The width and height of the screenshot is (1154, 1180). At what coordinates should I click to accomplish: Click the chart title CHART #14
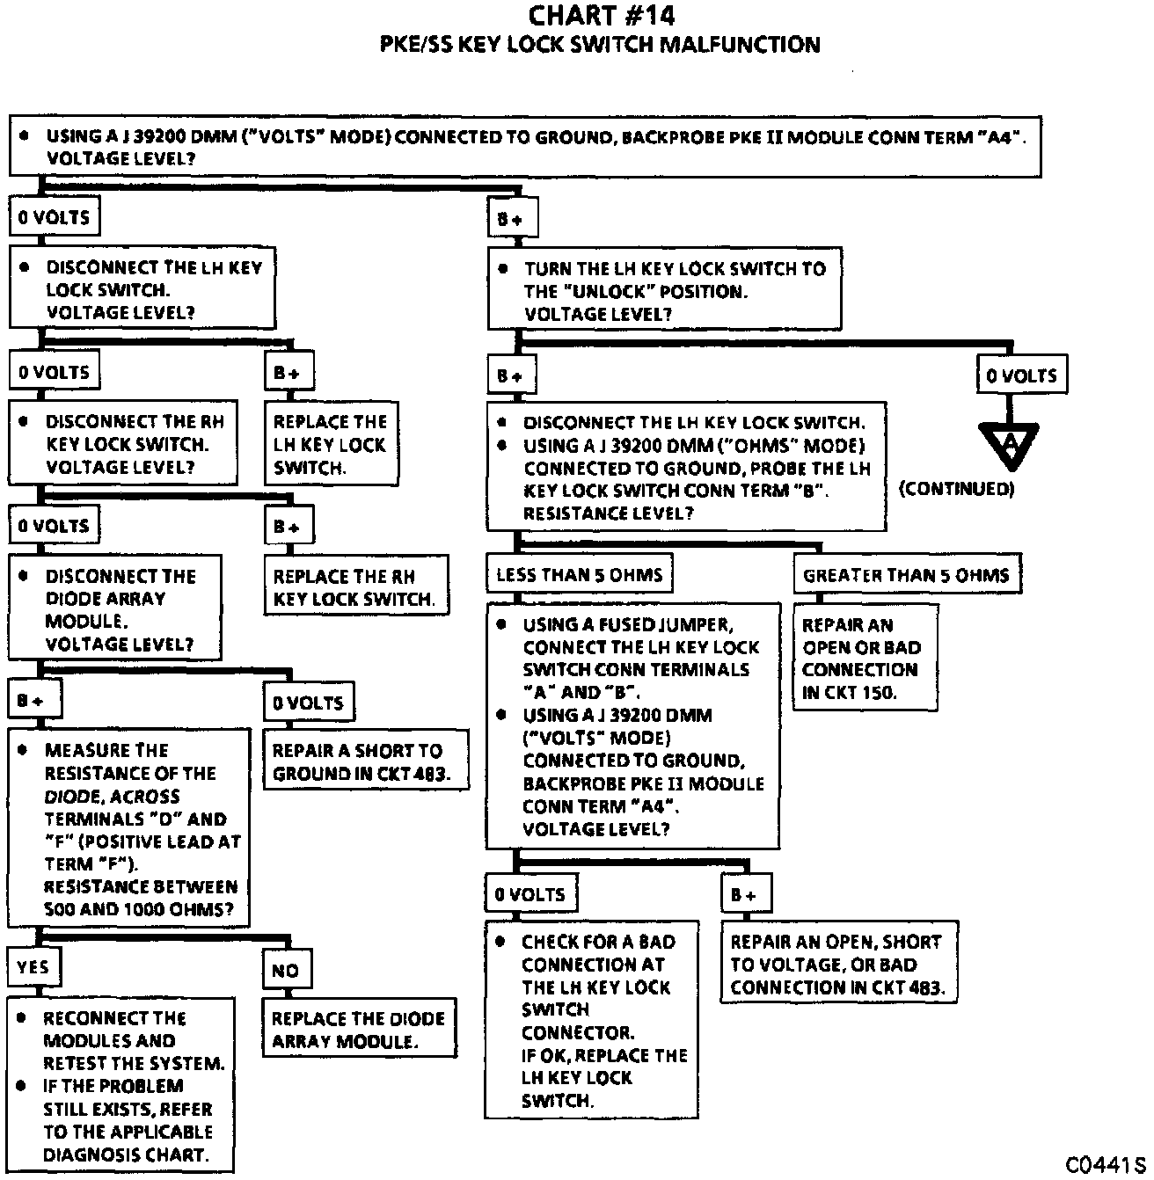(601, 16)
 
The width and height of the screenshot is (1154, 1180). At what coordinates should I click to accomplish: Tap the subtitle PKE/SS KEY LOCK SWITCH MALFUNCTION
(600, 45)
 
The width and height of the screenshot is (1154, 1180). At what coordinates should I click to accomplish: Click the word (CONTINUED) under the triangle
(956, 489)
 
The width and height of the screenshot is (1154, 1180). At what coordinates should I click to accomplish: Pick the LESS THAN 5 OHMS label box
(579, 575)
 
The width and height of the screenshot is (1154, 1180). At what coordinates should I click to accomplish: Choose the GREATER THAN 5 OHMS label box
(906, 575)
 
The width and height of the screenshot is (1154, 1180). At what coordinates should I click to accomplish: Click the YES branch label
(33, 967)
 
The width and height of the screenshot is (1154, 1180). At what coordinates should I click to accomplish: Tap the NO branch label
(285, 971)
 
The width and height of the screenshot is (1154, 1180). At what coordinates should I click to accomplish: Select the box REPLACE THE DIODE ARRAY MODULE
(358, 1030)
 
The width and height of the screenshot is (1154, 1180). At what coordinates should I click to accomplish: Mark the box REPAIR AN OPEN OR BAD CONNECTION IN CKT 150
(864, 659)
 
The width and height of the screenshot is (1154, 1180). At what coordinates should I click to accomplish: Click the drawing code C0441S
(1107, 1164)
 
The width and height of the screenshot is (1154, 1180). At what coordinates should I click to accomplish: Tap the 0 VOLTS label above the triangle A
(1021, 375)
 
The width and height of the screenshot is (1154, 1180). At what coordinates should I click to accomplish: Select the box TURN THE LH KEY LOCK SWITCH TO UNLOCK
(664, 291)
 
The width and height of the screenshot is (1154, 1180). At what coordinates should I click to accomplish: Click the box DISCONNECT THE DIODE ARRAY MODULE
(114, 608)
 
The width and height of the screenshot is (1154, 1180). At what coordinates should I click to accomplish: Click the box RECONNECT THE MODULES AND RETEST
(121, 1085)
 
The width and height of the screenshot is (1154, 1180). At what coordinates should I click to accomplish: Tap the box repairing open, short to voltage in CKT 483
(838, 964)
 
